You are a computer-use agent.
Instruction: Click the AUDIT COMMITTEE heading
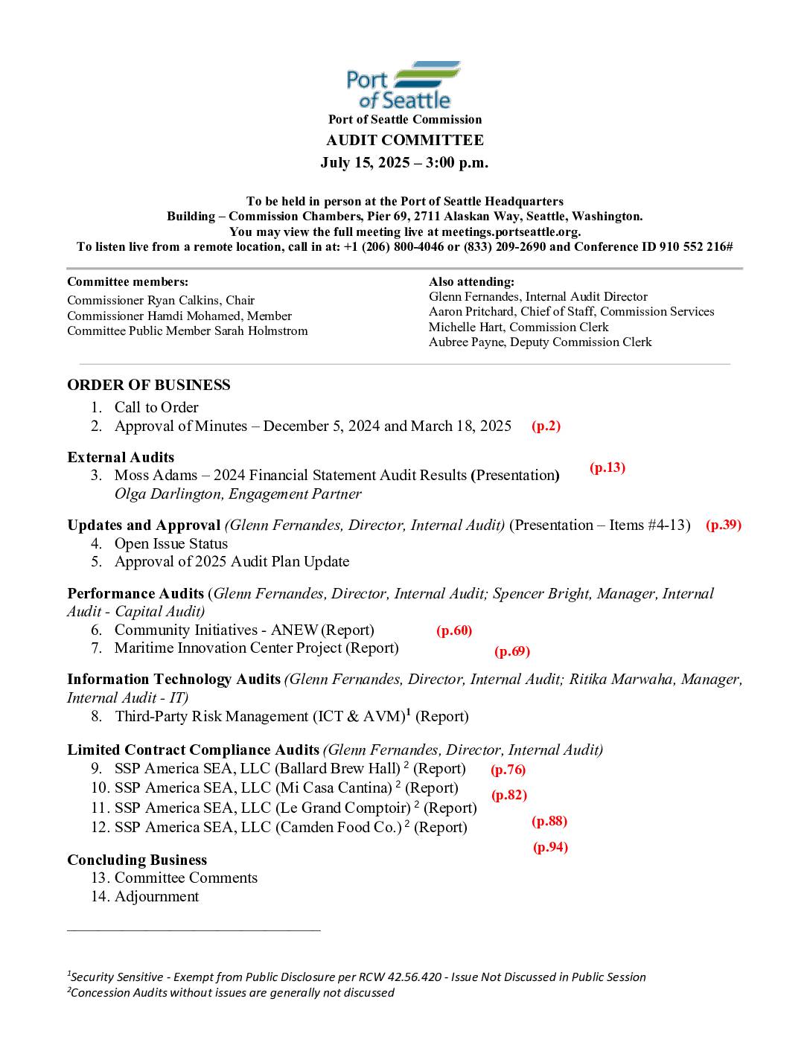click(x=404, y=141)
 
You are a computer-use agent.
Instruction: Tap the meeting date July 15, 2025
click(x=365, y=163)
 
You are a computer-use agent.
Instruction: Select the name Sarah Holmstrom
click(x=261, y=331)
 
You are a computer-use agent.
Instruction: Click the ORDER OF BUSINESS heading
click(x=148, y=386)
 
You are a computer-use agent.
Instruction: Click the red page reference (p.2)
click(x=546, y=426)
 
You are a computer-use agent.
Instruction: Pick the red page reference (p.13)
click(x=607, y=468)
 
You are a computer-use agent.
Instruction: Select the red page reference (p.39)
click(x=723, y=525)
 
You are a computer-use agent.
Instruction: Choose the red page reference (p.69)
click(x=511, y=652)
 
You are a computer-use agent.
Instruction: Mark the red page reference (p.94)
click(x=550, y=848)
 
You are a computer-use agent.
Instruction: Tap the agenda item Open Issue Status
click(x=170, y=544)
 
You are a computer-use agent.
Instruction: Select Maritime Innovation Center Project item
click(x=256, y=648)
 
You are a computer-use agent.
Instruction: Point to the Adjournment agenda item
click(x=156, y=897)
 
